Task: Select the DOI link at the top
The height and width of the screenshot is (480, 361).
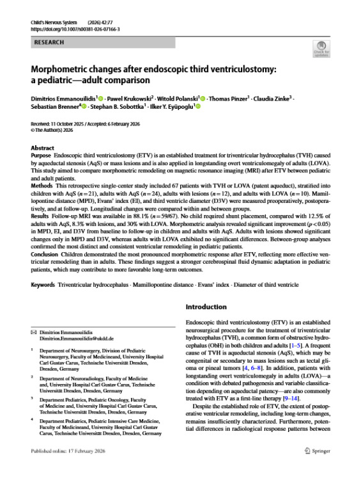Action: [71, 29]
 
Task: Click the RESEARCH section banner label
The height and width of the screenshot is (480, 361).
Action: [49, 42]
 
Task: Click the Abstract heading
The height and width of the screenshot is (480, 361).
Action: [43, 147]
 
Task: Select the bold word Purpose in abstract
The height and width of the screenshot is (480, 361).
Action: [42, 156]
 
